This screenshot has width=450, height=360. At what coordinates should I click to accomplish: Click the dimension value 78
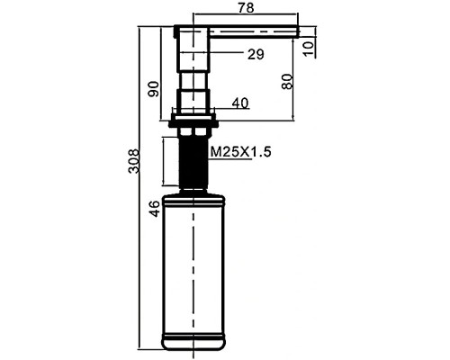pos(246,7)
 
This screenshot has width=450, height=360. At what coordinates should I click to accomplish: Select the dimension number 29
pos(256,54)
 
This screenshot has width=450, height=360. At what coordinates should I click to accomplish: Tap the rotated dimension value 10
pos(308,49)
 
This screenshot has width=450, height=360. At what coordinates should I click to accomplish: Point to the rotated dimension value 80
pos(287,81)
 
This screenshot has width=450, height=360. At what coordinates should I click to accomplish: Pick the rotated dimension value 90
pos(153,89)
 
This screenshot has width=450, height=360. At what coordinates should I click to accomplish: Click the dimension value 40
pos(240,103)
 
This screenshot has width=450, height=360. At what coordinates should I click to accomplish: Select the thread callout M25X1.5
pos(240,151)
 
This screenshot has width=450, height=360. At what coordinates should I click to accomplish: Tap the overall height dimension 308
pos(133,161)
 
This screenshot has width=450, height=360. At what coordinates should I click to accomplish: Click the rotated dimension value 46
pos(156,209)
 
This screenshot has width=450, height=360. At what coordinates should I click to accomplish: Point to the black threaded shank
pos(193,162)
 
